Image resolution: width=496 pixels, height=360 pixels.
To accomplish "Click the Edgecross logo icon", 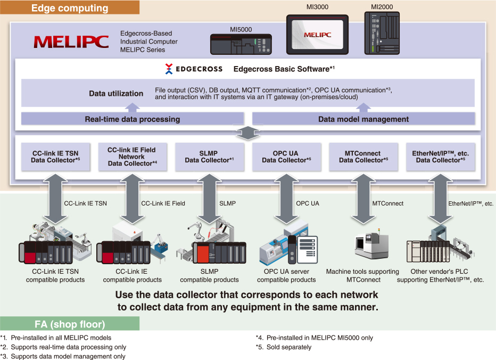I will pos(169,69).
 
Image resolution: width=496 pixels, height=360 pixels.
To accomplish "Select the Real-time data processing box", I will pos(133,119).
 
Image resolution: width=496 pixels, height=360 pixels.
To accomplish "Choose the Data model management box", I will pos(363,119).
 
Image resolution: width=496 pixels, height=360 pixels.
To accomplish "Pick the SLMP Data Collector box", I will pos(209,157).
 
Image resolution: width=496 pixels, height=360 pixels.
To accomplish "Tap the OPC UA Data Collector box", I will pos(286,157).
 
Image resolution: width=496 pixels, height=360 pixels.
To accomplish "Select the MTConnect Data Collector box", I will pos(362,157).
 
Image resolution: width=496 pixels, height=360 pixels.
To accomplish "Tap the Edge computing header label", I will pos(70,8).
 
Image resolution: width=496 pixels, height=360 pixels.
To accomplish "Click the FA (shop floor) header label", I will pos(70,324).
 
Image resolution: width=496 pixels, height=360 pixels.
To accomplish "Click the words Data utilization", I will pos(116,94).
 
